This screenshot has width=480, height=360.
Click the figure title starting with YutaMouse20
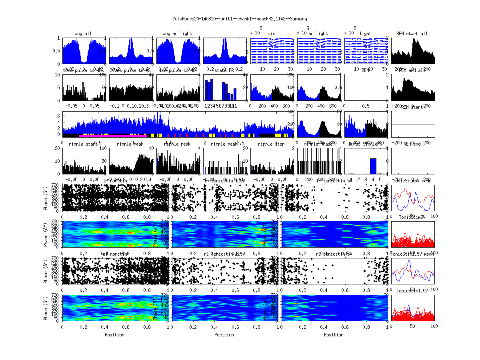pyautogui.click(x=240, y=19)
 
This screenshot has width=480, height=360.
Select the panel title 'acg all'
pyautogui.click(x=83, y=34)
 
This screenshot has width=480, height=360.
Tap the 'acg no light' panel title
pyautogui.click(x=177, y=34)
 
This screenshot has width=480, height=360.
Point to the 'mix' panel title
pyautogui.click(x=272, y=34)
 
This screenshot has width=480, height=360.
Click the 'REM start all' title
pyautogui.click(x=412, y=34)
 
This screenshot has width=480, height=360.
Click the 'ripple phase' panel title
pyautogui.click(x=318, y=144)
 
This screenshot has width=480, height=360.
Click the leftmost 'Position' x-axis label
pyautogui.click(x=114, y=335)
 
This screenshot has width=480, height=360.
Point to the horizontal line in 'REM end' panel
pyautogui.click(x=412, y=161)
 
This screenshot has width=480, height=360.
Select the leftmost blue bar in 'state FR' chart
pyautogui.click(x=206, y=90)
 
